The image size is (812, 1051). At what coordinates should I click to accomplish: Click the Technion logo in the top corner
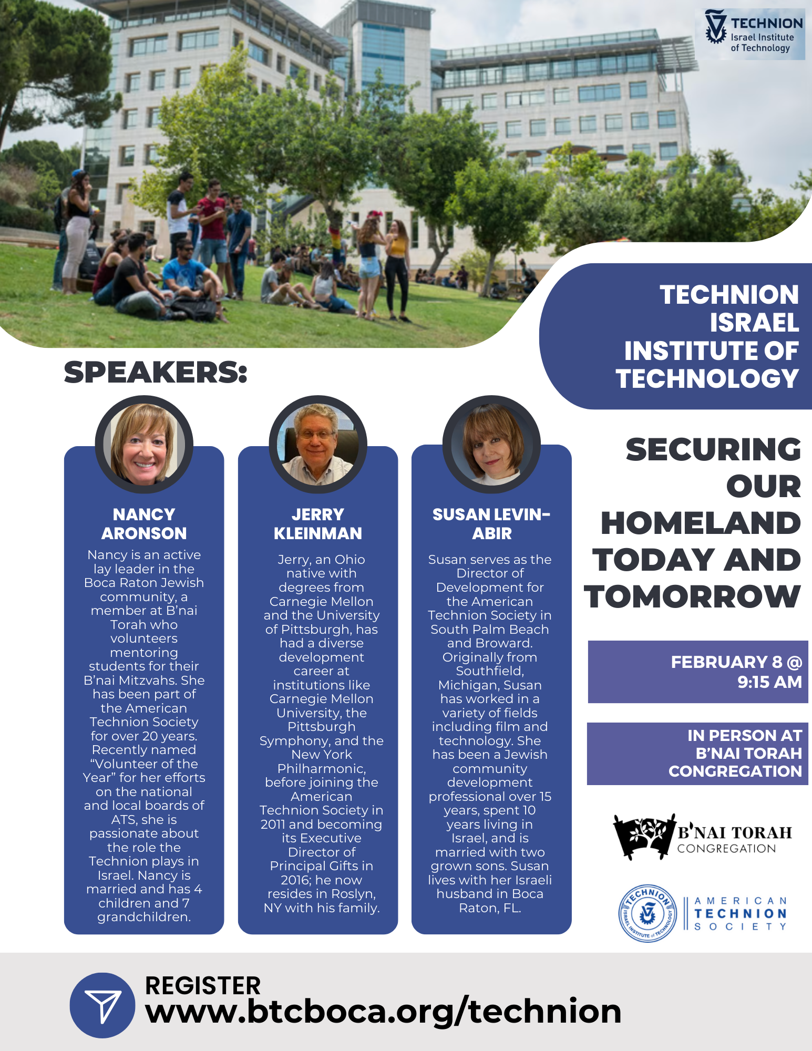[754, 34]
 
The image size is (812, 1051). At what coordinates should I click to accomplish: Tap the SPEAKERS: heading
[156, 372]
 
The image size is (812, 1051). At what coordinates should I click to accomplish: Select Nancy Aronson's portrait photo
[144, 444]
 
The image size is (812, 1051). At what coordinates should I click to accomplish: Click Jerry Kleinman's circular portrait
[318, 444]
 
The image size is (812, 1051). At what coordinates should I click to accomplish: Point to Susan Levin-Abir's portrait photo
[491, 444]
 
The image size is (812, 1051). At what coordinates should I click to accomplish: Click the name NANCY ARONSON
[144, 523]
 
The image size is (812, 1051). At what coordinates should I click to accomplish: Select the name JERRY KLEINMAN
[318, 523]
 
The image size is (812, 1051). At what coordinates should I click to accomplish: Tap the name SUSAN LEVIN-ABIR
[491, 523]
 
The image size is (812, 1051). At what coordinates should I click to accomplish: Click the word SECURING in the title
[713, 449]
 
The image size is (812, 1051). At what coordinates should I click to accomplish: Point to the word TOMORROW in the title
[692, 596]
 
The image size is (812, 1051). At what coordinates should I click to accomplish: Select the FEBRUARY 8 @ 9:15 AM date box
[698, 672]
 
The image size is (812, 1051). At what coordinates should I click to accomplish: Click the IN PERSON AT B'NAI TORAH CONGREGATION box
[697, 754]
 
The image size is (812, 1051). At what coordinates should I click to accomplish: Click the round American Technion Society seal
[647, 913]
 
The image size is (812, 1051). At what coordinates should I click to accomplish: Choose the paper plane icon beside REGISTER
[102, 1005]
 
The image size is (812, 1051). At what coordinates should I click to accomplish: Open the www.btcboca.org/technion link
[383, 1011]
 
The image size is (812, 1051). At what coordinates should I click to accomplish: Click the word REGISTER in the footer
[203, 985]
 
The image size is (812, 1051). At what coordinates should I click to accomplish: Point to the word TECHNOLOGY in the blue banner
[707, 378]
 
